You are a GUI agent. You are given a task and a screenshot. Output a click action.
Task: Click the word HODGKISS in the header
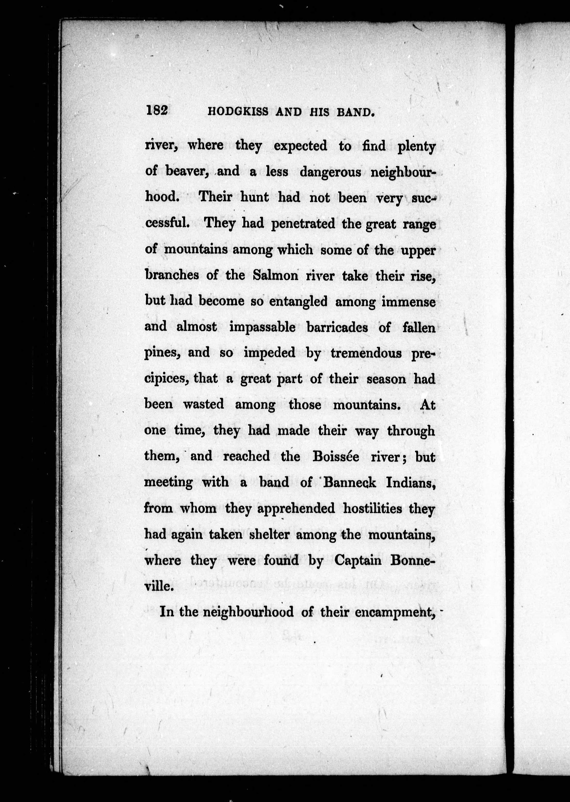[x=238, y=112]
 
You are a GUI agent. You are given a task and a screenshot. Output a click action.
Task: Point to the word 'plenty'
[x=416, y=147]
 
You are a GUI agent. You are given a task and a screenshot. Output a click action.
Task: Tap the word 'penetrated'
[x=303, y=224]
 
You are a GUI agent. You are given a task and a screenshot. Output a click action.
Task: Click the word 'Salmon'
[x=275, y=275]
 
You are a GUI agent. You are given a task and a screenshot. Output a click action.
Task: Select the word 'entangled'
[x=298, y=301]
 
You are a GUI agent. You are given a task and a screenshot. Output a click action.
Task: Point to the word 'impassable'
[x=262, y=327]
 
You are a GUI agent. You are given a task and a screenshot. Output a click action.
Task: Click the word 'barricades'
[x=337, y=327]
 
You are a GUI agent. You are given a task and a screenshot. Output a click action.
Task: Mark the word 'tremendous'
[x=366, y=353]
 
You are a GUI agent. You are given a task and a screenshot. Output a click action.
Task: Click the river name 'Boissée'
[x=336, y=456]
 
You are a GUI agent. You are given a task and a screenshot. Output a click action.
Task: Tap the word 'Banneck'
[x=350, y=482]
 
